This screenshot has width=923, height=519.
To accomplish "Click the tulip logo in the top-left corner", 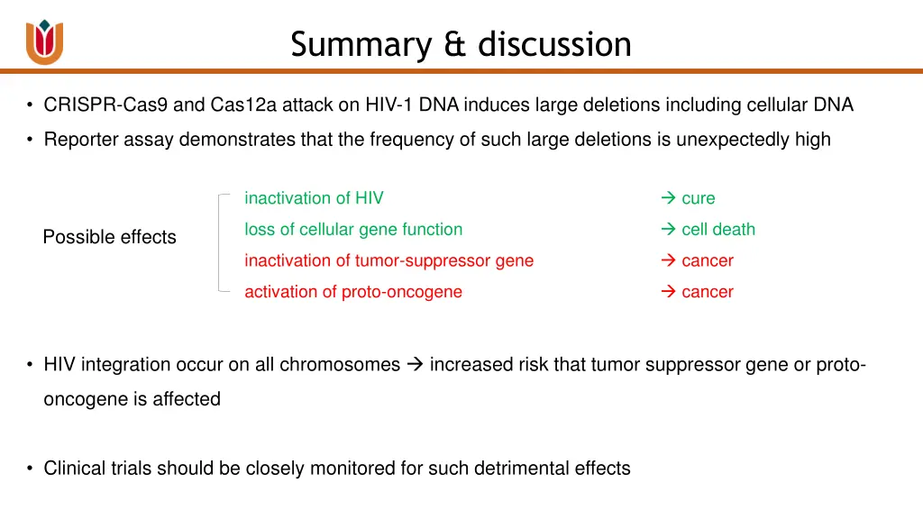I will [x=44, y=41].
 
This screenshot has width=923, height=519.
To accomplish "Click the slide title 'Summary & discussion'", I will [x=461, y=44].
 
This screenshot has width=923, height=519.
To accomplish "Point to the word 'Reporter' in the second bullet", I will [x=77, y=140].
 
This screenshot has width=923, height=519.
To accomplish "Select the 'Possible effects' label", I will [x=110, y=237].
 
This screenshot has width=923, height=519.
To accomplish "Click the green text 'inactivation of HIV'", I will [x=314, y=198].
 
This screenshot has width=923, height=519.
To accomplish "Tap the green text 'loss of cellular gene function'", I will [x=353, y=230].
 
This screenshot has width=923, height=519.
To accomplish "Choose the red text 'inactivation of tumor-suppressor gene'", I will [x=388, y=260].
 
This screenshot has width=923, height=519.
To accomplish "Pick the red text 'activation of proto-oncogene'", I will [x=353, y=292].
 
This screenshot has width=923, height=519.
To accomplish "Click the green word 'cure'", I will [x=698, y=198].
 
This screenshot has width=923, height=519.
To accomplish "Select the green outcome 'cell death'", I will [x=718, y=230].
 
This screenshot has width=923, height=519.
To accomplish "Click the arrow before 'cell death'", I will [x=669, y=230].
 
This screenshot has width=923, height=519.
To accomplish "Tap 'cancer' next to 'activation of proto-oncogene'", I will [x=708, y=292].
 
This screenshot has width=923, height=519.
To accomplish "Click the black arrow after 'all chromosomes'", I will [x=415, y=365].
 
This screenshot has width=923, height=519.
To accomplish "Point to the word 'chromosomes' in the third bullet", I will [x=340, y=365].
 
